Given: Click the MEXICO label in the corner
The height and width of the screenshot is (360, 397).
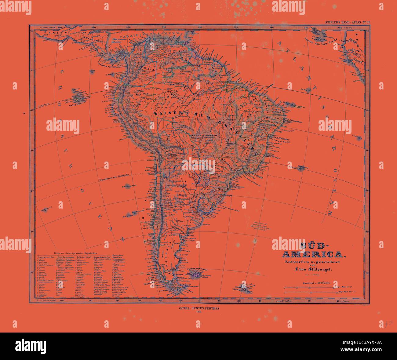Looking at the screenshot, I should tap(48, 32).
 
